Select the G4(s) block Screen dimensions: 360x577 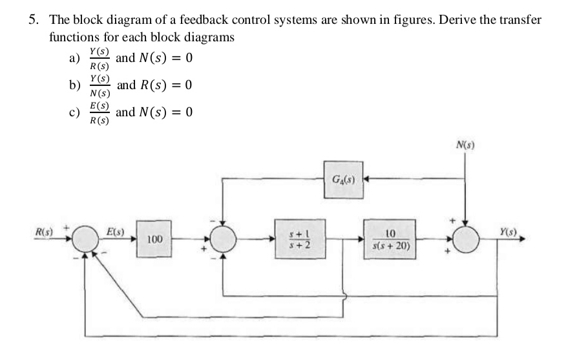[x=342, y=175]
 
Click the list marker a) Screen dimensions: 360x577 [x=74, y=59]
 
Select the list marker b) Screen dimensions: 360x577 [x=75, y=87]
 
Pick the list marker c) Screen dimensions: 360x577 [x=74, y=113]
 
